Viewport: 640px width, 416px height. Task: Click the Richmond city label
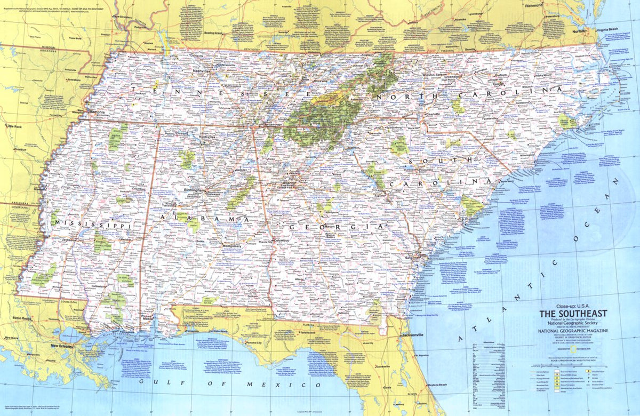coord(533,5)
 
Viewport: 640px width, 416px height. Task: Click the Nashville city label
coord(201,70)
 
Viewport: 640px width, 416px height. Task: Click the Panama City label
coord(252,349)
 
